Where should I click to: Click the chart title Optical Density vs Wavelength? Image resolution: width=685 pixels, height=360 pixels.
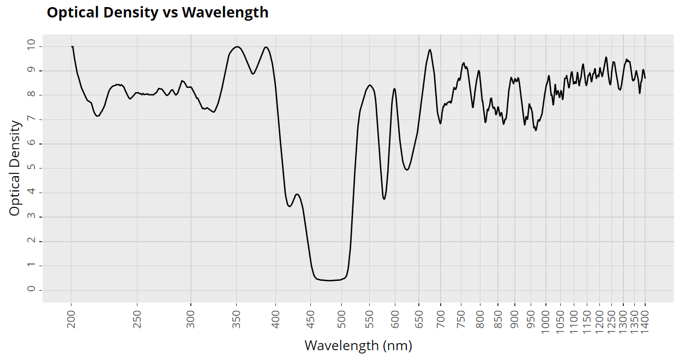click(158, 13)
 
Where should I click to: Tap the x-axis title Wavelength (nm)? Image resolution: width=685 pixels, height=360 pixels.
click(358, 345)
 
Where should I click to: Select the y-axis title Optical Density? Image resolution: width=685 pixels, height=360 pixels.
click(15, 168)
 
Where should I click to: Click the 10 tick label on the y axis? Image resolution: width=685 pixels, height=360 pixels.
click(31, 46)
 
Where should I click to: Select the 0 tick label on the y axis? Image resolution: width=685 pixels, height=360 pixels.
click(31, 290)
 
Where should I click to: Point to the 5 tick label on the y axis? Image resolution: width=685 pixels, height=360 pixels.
click(31, 168)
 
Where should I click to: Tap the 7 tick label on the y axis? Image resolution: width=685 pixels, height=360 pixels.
click(31, 119)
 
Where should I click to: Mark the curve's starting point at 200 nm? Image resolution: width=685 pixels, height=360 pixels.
click(71, 46)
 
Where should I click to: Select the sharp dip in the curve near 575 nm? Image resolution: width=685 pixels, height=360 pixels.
click(384, 199)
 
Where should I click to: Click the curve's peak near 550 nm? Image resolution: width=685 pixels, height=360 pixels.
click(370, 85)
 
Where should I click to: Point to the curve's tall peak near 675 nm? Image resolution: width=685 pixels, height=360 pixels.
click(430, 50)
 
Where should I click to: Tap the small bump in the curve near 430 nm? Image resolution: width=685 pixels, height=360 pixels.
click(297, 194)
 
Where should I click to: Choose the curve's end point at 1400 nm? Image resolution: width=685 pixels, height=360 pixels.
click(645, 78)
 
